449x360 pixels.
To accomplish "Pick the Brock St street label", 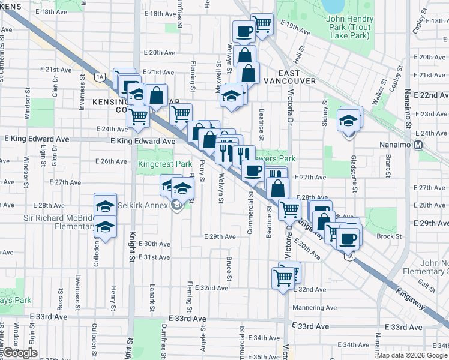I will click(389, 236).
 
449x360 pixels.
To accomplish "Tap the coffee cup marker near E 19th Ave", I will click(244, 31).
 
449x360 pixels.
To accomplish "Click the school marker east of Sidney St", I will click(349, 120).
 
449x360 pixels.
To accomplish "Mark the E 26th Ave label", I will click(112, 161).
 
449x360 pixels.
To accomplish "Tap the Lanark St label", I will click(153, 296).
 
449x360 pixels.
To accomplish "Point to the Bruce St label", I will click(229, 268).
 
